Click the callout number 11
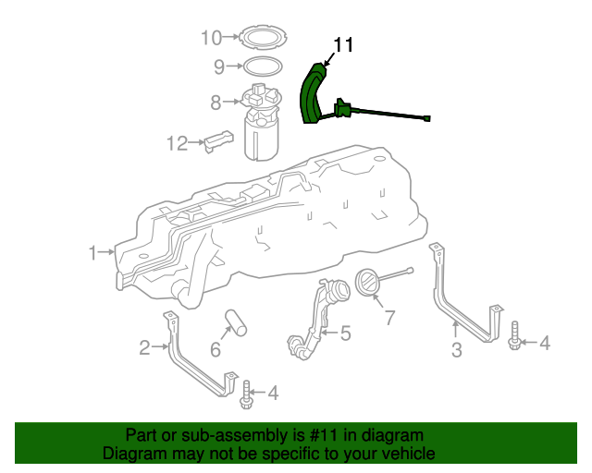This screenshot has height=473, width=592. pos(343,44)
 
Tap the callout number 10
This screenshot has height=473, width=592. pos(212,38)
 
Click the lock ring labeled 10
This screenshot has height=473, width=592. pos(262,39)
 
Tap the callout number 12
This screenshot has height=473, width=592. pos(177,143)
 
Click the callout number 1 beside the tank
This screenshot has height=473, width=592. pos(92,251)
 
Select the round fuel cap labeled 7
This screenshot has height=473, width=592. pos(368,285)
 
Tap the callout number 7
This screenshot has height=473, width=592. pos(389,319)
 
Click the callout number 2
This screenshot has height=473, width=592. pos(144,348)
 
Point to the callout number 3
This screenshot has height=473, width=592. pos(456,349)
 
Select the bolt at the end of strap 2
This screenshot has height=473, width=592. pos(246,395)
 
